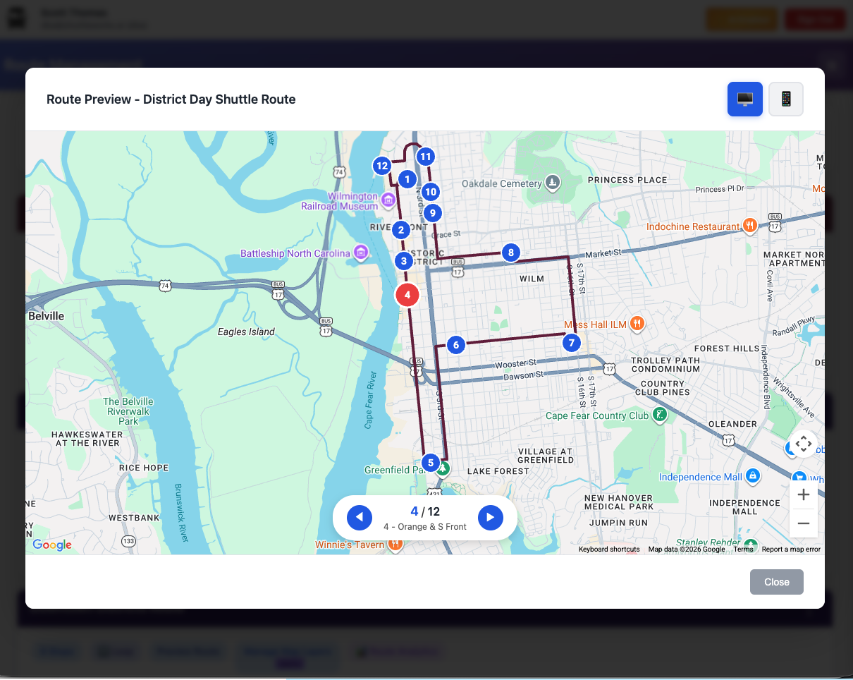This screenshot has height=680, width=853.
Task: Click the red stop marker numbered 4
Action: [x=407, y=295]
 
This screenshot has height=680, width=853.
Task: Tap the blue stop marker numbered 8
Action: [x=510, y=253]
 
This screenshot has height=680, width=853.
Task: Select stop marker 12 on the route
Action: [x=382, y=166]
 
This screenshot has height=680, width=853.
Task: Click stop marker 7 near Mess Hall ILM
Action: [x=571, y=344]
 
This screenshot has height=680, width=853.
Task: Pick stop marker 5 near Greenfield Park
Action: [x=431, y=463]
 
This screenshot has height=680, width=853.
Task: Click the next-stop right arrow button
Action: [x=490, y=518]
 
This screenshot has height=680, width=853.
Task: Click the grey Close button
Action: [x=776, y=582]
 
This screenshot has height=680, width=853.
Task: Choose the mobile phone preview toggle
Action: [x=785, y=99]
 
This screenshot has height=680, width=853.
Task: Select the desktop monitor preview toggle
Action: [x=745, y=99]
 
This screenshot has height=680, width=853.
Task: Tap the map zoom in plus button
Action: [x=803, y=495]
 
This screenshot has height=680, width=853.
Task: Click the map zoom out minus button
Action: [x=803, y=523]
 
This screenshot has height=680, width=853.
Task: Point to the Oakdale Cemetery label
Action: [x=501, y=184]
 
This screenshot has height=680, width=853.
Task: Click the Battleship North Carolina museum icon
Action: [x=361, y=253]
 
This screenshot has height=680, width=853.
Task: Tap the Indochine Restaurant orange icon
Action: [x=750, y=226]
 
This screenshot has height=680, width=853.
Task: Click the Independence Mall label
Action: [x=700, y=477]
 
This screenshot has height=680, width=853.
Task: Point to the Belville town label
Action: [x=46, y=316]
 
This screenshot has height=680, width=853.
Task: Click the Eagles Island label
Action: [x=246, y=332]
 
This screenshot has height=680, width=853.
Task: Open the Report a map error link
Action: [x=791, y=550]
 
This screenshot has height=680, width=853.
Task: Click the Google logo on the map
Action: [x=52, y=545]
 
